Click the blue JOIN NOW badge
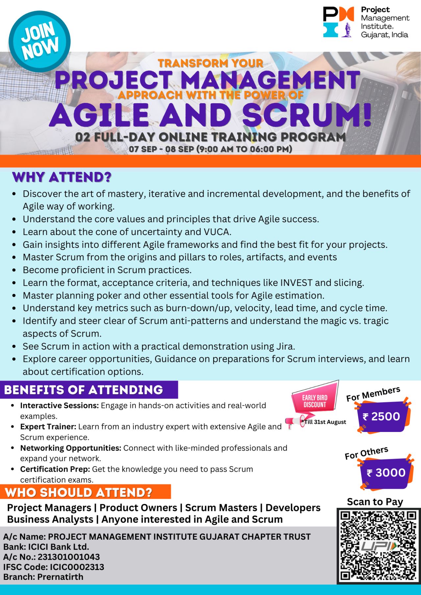tap(39, 41)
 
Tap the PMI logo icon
tap(338, 22)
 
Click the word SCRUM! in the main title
tap(307, 115)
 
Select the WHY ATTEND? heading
tap(62, 177)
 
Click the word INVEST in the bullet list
tap(296, 283)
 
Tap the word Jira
tap(285, 346)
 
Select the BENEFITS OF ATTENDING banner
tap(89, 390)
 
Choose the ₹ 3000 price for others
tap(385, 473)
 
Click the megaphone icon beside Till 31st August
tap(295, 422)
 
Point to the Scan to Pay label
tap(375, 502)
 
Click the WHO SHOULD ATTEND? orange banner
tap(86, 492)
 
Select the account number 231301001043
tap(69, 557)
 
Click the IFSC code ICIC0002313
tap(77, 567)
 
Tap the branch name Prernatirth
tap(61, 577)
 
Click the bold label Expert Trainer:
tap(48, 427)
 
